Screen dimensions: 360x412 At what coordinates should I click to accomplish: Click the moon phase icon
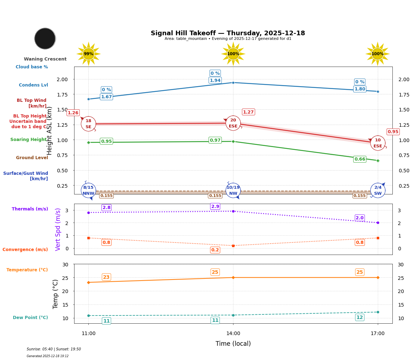pos(45,38)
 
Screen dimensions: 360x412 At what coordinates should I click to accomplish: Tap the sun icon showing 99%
pos(88,54)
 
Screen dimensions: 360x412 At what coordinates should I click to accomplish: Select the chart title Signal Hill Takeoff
pos(228,33)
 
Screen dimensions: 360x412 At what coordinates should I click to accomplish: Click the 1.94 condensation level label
pos(215,80)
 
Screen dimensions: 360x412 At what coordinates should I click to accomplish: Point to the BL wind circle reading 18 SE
pos(88,124)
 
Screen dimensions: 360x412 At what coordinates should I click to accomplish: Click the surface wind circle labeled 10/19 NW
pos(233,191)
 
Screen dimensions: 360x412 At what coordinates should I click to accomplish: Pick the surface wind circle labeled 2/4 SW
pos(378,191)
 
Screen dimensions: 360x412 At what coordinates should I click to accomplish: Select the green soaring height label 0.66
pos(360,159)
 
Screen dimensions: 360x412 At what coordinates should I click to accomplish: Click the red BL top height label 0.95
pos(393,132)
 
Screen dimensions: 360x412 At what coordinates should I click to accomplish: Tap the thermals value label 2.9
pos(215,207)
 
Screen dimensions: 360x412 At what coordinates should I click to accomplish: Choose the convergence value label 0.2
pos(215,250)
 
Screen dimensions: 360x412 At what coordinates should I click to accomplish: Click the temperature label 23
pos(106,277)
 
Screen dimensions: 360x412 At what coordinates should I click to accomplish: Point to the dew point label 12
pos(360,317)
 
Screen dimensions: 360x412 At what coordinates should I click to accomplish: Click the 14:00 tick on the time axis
pos(233,333)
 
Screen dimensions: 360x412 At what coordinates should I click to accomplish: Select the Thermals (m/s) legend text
pos(30,209)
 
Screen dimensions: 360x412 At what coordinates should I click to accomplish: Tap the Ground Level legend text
pos(32,158)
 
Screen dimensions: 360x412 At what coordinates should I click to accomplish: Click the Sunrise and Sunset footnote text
pos(54,349)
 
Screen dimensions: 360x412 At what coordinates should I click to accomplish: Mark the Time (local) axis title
pos(233,344)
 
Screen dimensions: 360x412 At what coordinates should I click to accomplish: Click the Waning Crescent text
pos(45,59)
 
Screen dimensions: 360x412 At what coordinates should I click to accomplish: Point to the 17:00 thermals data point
pos(378,223)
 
